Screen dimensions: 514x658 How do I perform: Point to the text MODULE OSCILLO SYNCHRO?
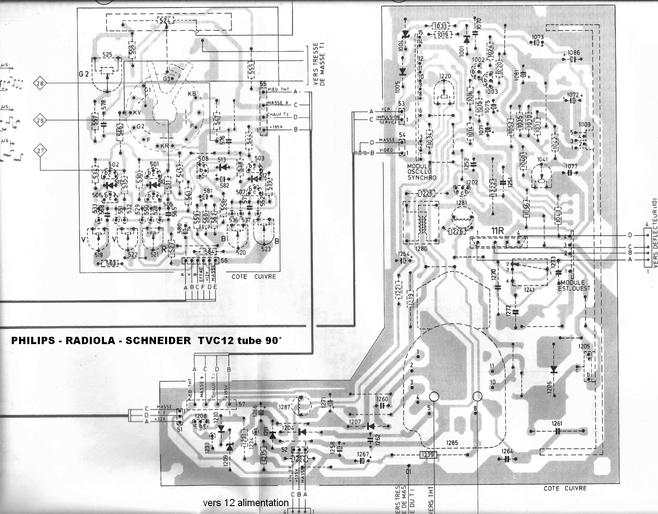coord(422,172)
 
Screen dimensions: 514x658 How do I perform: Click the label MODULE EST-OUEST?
coord(573,285)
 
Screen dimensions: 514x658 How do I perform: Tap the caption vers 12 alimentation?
coord(246,503)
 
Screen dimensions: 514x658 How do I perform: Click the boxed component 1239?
coord(428,454)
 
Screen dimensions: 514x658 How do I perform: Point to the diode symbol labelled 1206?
coord(553,370)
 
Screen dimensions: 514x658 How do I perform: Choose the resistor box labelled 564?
coord(209,252)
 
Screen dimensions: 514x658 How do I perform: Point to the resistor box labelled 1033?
coord(440,26)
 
